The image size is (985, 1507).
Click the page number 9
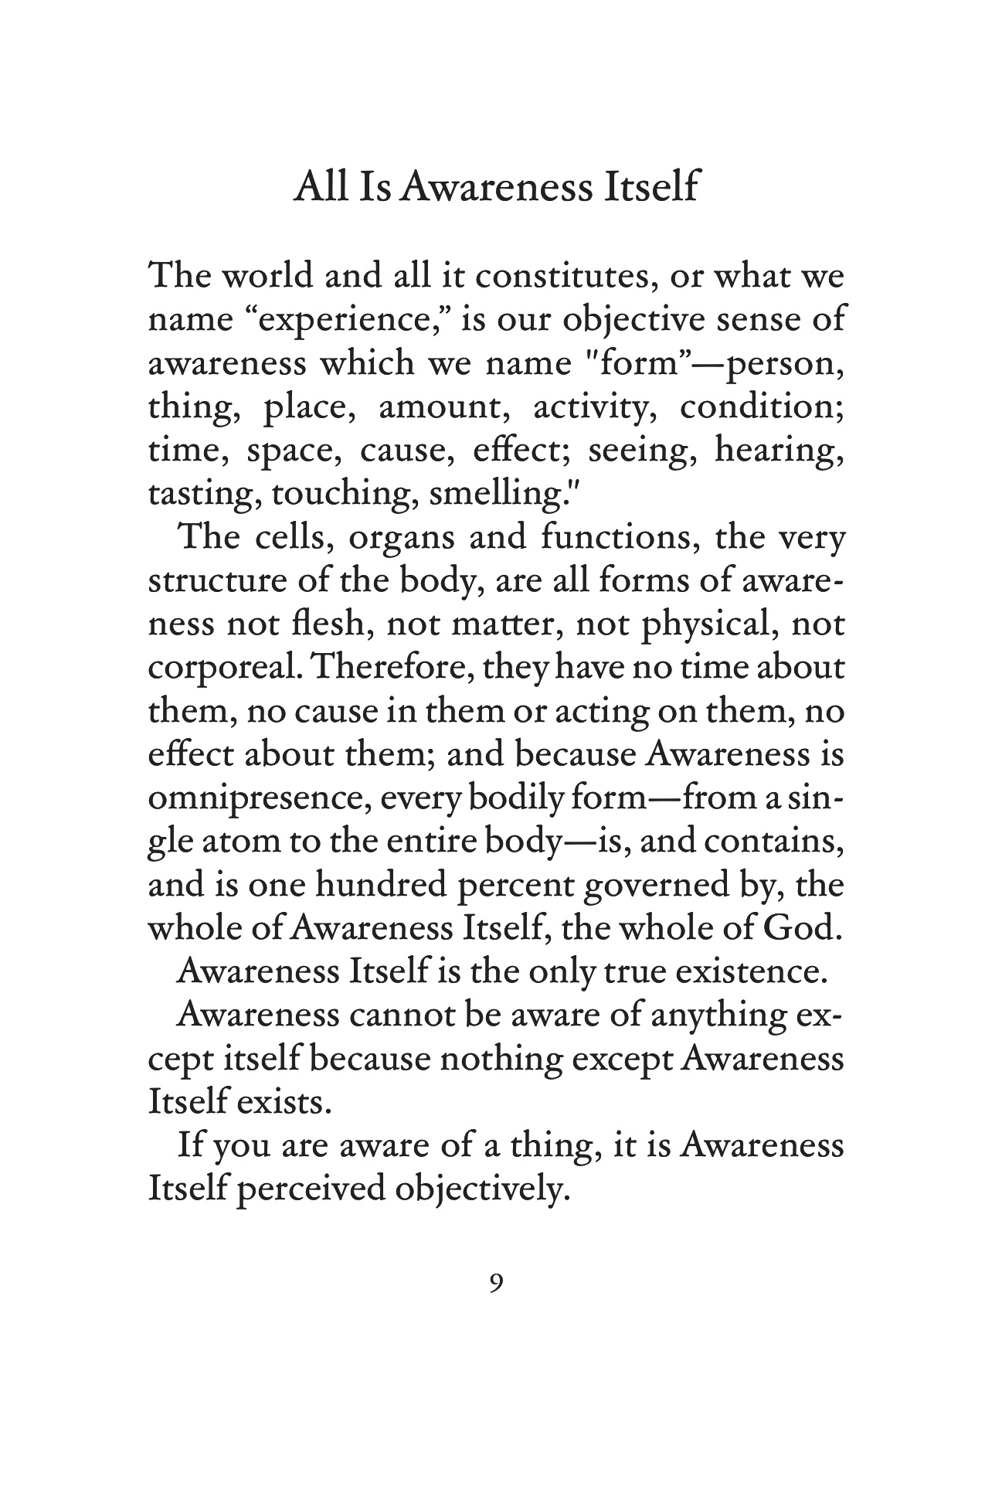497,1283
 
